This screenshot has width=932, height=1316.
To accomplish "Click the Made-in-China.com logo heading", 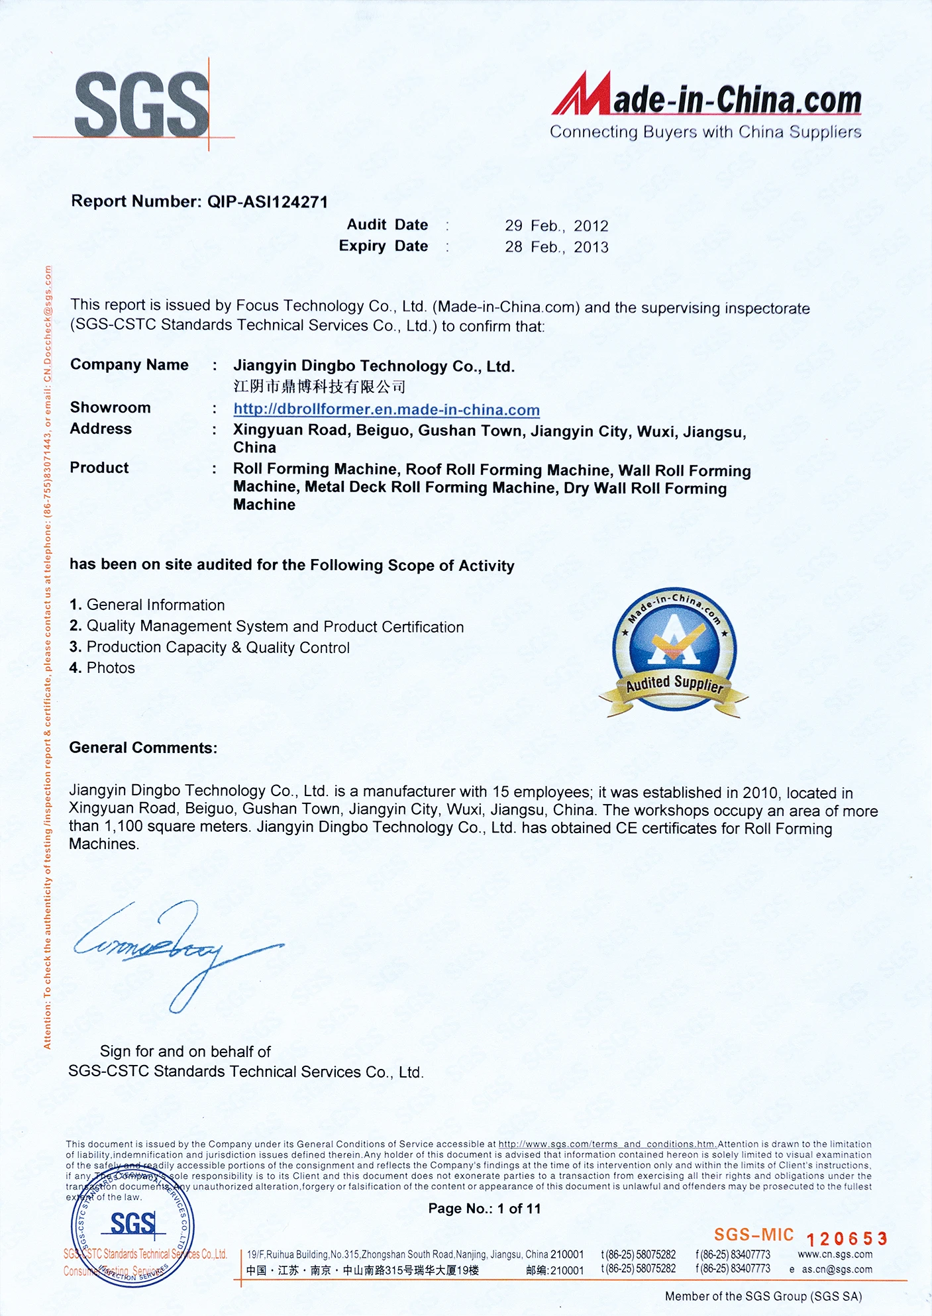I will click(706, 99).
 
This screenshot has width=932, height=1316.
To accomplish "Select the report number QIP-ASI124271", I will click(268, 202).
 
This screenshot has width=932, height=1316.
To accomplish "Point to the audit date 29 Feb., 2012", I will click(556, 226).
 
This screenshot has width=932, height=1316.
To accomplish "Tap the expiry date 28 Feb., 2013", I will click(556, 247).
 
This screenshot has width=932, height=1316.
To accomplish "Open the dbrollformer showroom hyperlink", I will click(386, 410).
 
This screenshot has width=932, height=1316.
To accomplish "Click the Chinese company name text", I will click(319, 387).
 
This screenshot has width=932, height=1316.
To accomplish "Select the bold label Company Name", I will click(129, 365).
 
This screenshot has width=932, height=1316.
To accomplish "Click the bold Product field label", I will click(99, 468).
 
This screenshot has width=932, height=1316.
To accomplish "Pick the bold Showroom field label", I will click(110, 407).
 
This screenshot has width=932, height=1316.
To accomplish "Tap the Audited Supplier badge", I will click(674, 652).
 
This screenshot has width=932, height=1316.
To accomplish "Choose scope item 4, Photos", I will click(102, 668).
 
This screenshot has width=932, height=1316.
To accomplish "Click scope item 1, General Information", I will click(147, 605).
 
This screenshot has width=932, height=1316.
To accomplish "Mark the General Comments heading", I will click(143, 748).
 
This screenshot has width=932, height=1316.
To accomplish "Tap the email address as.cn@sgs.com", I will click(837, 1270).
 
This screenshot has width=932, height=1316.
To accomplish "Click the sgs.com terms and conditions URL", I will click(607, 1144).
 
